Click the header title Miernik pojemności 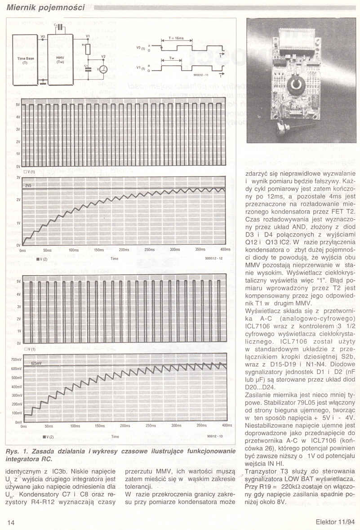[x=46, y=7]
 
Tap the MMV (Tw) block [x=60, y=60]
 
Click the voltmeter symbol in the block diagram [x=103, y=69]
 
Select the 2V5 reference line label [x=29, y=185]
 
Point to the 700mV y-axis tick [x=16, y=360]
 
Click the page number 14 [x=11, y=522]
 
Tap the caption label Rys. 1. [x=15, y=451]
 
